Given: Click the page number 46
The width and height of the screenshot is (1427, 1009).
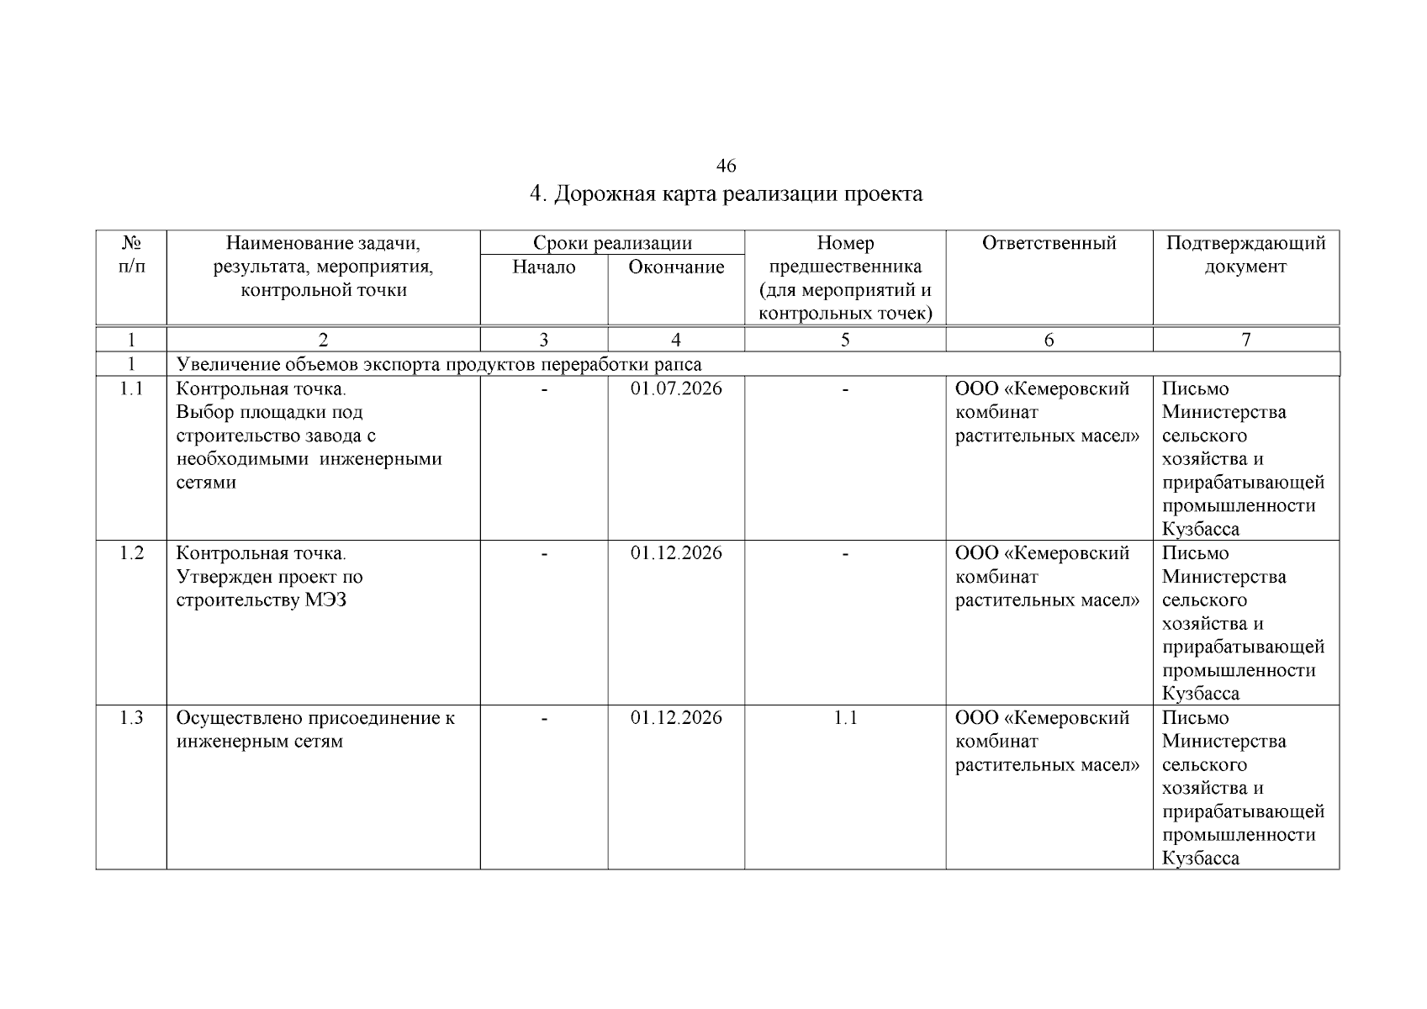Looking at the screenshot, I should coord(726,166).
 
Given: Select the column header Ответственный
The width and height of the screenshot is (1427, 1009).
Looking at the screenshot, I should coord(1049,244).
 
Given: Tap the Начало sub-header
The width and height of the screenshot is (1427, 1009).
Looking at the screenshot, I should coord(544,267).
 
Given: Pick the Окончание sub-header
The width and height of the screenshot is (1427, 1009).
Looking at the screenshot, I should coord(676,267).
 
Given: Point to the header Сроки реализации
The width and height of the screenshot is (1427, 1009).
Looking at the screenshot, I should coord(612,244).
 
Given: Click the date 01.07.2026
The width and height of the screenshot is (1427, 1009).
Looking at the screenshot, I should coord(676,389).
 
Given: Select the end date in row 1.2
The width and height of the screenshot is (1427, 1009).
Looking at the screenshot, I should coord(676,553).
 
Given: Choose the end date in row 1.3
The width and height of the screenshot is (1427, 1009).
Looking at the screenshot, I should coord(676,718).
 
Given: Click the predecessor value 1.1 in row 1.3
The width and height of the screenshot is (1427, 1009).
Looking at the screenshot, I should coord(844,718).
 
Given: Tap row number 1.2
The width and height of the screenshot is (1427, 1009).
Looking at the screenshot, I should coord(131,553).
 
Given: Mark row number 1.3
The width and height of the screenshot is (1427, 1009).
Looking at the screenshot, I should coord(131,718).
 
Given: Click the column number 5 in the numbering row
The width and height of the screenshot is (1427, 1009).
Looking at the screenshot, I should coord(844,340).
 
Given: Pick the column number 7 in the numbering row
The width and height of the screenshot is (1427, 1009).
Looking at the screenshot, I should coord(1245,340).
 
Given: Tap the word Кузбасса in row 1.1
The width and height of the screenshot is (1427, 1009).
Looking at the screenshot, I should coord(1200,530).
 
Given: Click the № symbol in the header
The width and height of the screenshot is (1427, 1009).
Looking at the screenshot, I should coord(131,244).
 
